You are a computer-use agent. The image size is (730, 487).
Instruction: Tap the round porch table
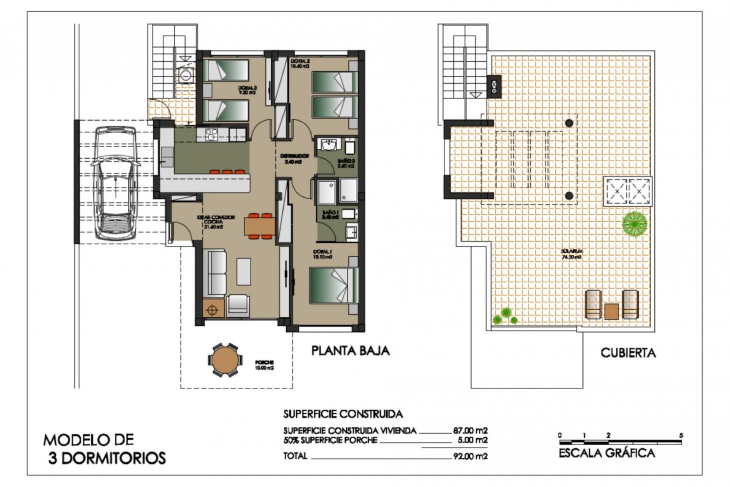tap(224, 360)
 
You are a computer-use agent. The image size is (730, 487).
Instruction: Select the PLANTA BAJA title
tap(351, 350)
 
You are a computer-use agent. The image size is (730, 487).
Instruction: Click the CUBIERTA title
tap(628, 353)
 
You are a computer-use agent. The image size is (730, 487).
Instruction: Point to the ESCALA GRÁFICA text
tap(607, 453)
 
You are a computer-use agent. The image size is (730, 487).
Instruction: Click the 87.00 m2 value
tap(470, 431)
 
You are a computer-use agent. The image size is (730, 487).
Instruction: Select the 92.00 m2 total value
tap(470, 456)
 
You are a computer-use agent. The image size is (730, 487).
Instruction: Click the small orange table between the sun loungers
tap(611, 311)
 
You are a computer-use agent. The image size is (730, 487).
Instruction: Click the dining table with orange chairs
tap(260, 226)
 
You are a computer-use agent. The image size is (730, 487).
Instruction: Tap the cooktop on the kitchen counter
tap(211, 134)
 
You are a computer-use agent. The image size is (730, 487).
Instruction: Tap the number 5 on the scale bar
tap(681, 435)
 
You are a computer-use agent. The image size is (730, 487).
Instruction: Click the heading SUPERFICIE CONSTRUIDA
tap(343, 414)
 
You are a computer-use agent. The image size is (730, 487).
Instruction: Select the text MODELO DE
tap(89, 440)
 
